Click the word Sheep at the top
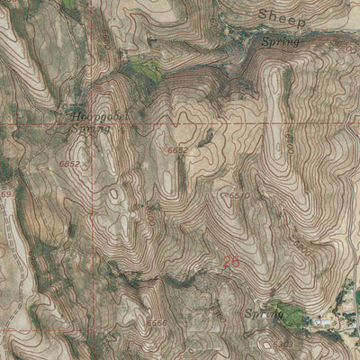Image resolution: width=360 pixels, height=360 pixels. [282, 17]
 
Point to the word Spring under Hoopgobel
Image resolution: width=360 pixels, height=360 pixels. [89, 130]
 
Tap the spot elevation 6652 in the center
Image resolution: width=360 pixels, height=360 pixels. [176, 149]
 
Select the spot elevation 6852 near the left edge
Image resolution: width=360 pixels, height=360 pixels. [69, 165]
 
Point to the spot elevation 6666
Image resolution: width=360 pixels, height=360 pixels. [157, 323]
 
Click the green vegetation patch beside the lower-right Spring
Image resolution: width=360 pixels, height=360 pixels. [290, 313]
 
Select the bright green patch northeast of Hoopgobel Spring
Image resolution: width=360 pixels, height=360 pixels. [144, 67]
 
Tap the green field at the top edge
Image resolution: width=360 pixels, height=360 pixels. [69, 4]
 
